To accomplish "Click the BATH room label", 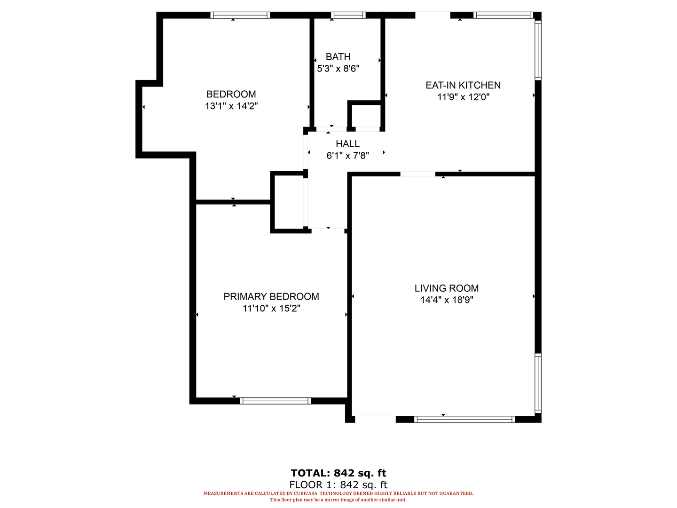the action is [338, 57].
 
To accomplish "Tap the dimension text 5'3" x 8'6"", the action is [338, 69].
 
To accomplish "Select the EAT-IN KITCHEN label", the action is [463, 85].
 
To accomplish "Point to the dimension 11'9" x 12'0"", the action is [463, 97].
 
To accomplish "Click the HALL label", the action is [347, 144].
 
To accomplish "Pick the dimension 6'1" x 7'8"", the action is [347, 155].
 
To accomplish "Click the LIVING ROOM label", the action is [446, 288].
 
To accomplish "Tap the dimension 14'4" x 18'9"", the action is [446, 300].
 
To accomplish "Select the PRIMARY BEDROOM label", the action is [271, 296].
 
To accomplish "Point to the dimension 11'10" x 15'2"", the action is [271, 308].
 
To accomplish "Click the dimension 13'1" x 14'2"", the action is [231, 106].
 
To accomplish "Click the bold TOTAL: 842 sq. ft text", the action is [338, 473].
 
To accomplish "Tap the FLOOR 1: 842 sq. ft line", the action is [338, 485].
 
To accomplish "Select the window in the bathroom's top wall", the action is [348, 15].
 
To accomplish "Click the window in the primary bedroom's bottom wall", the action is [276, 401].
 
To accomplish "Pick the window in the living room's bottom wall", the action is [464, 420].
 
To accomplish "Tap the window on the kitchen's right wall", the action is [538, 50].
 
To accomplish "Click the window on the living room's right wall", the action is [538, 383].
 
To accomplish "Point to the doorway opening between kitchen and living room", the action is [417, 174].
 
